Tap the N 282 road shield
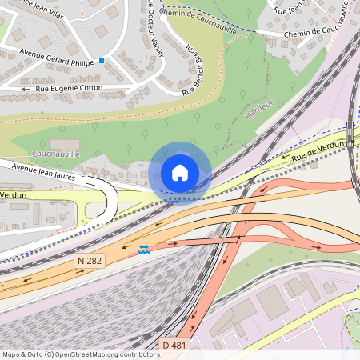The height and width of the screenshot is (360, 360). [91, 261]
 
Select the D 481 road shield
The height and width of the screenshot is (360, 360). [176, 345]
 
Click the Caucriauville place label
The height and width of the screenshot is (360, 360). [56, 153]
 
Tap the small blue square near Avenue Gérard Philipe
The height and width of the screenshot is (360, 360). [102, 61]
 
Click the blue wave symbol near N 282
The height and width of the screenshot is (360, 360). [143, 249]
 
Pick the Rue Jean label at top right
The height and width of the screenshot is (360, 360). [289, 10]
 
